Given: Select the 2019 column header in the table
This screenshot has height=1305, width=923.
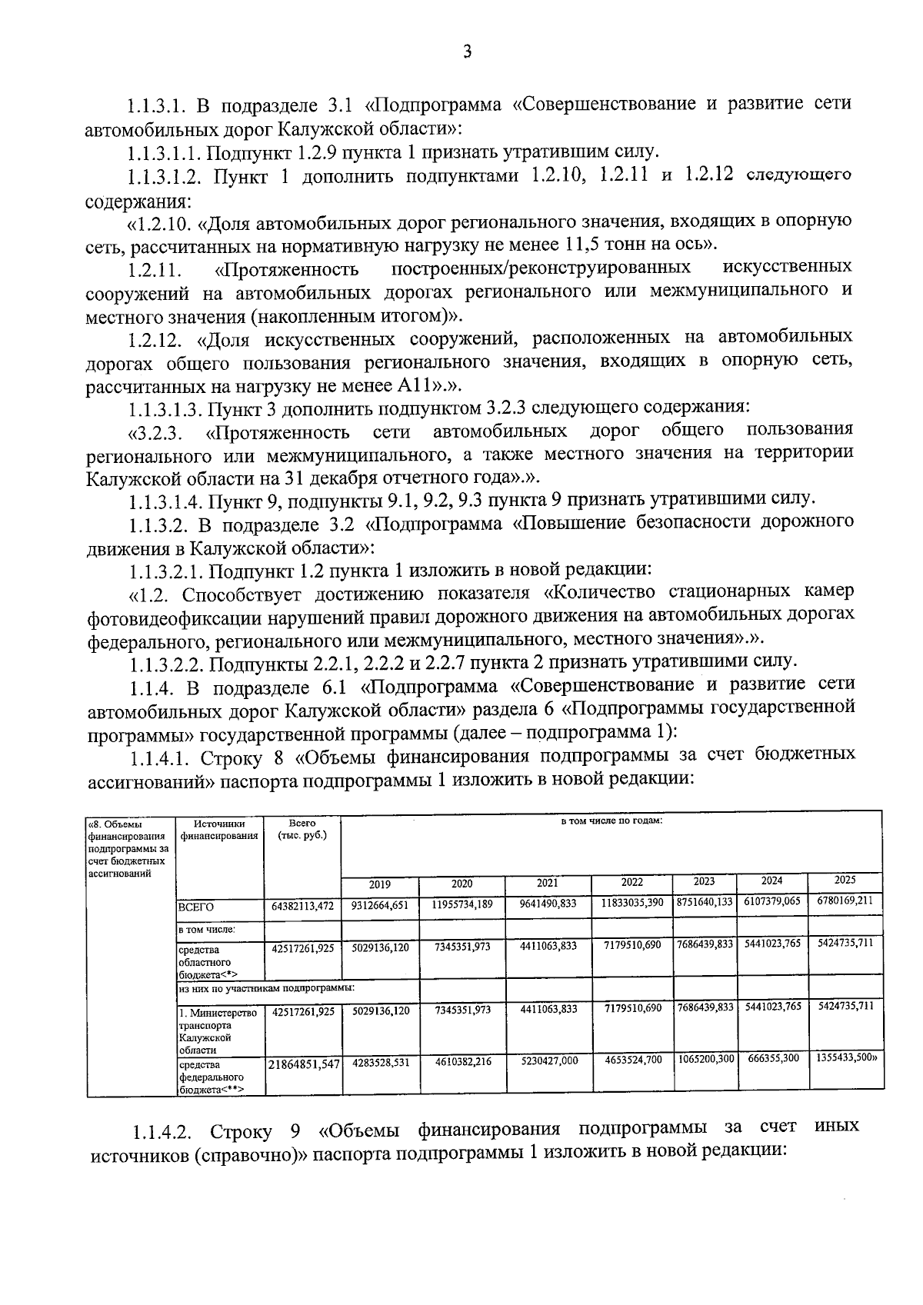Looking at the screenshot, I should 380,884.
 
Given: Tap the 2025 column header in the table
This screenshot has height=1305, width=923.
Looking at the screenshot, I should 845,880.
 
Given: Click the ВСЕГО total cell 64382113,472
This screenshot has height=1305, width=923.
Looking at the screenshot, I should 302,906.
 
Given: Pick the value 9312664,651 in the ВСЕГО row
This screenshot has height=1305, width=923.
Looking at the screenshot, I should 380,905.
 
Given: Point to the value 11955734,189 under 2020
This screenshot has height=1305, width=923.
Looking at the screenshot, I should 461,904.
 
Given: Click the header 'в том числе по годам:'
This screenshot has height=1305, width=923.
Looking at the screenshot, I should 611,821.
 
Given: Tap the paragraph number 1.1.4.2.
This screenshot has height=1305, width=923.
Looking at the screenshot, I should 167,1131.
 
